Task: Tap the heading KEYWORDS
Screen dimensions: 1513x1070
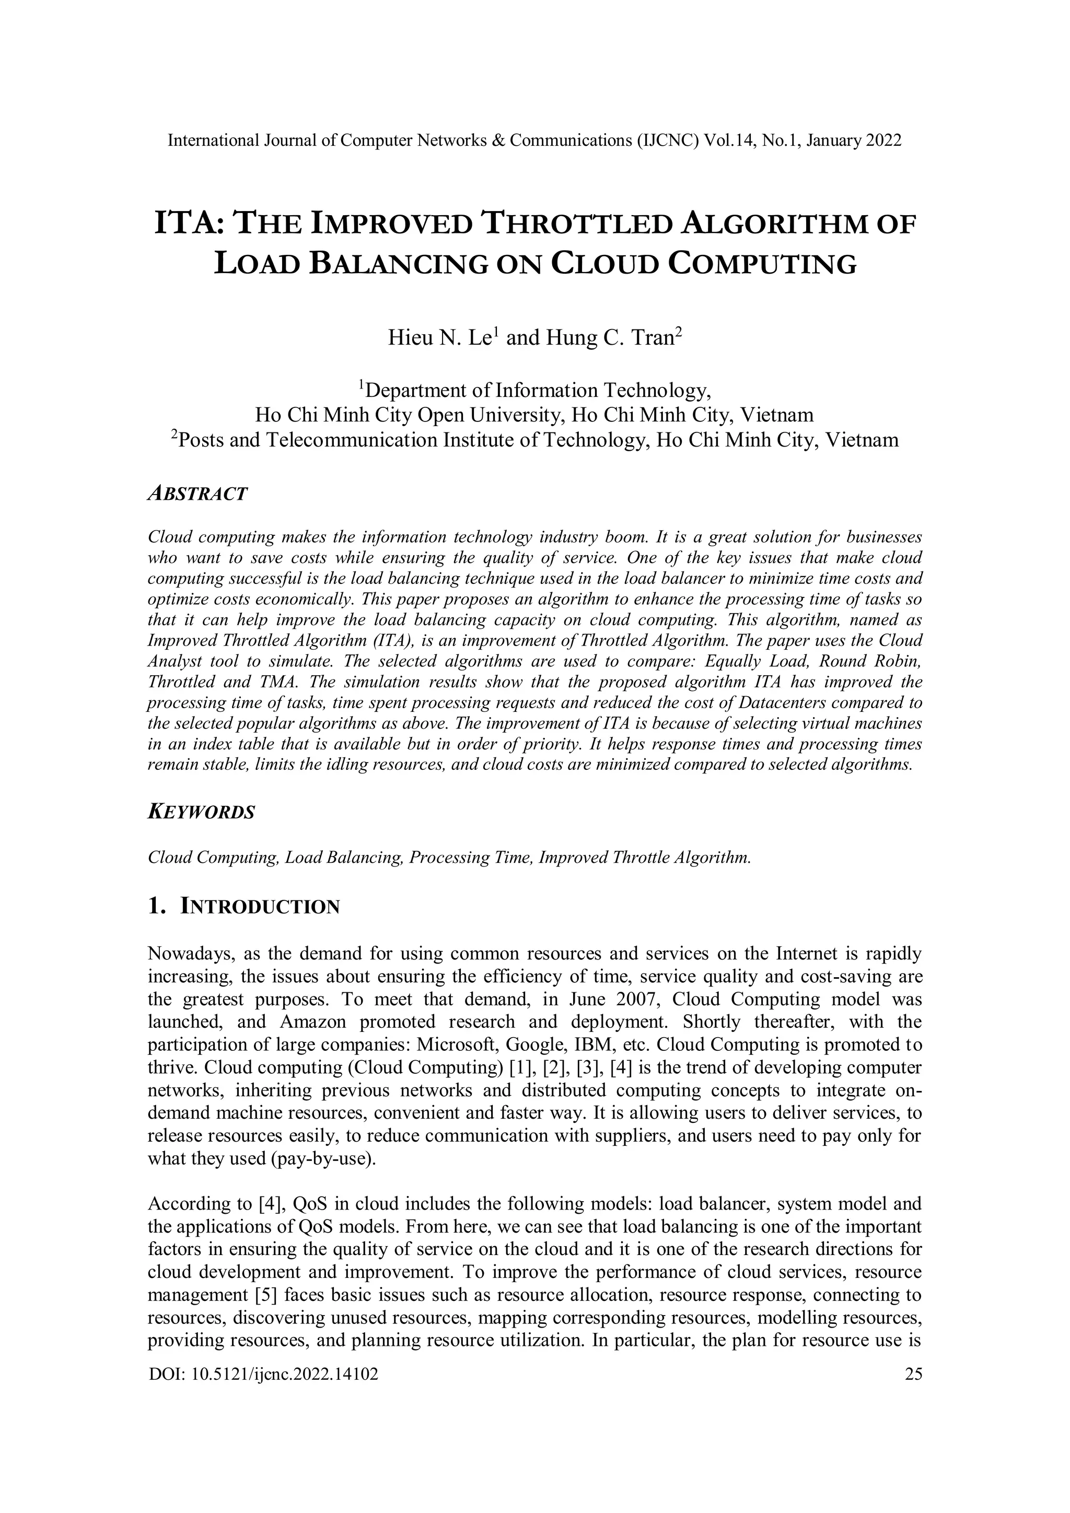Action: pyautogui.click(x=201, y=812)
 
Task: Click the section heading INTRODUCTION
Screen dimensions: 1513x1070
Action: pyautogui.click(x=259, y=907)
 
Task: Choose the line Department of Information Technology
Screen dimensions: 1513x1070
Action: pyautogui.click(x=537, y=391)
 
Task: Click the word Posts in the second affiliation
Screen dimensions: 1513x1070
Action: pyautogui.click(x=202, y=440)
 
